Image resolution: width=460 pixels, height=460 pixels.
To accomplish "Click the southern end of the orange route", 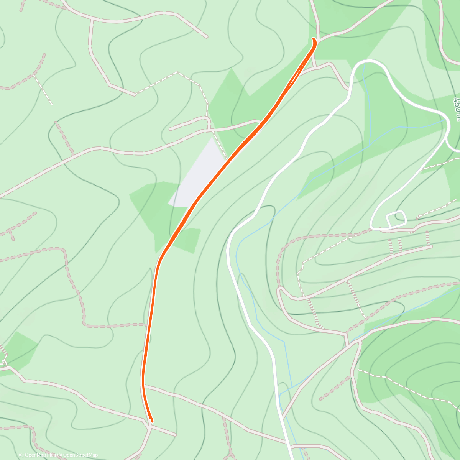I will (x=152, y=421).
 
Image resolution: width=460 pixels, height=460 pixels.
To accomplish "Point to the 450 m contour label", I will (x=456, y=109).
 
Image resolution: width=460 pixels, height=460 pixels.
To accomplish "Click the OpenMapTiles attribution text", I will (x=39, y=455).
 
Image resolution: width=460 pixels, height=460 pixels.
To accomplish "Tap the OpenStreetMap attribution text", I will (x=80, y=455).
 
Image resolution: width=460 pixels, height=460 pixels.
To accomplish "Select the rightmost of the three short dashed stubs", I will (x=427, y=239).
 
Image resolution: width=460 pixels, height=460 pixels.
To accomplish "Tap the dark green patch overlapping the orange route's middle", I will (x=169, y=215).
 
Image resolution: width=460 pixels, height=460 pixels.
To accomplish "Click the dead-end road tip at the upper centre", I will (x=206, y=37).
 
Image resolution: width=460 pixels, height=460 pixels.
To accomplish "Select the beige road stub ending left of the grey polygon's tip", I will (x=171, y=129).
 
